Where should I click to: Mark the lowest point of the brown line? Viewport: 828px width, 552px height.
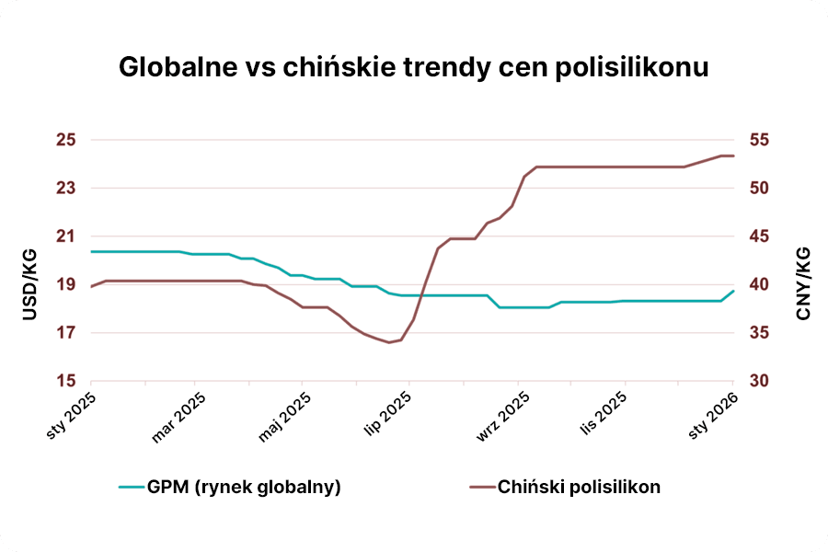[x=389, y=342]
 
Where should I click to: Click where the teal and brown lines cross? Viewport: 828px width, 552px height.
[x=420, y=295]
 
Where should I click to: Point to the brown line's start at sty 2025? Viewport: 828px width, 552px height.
[x=92, y=286]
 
